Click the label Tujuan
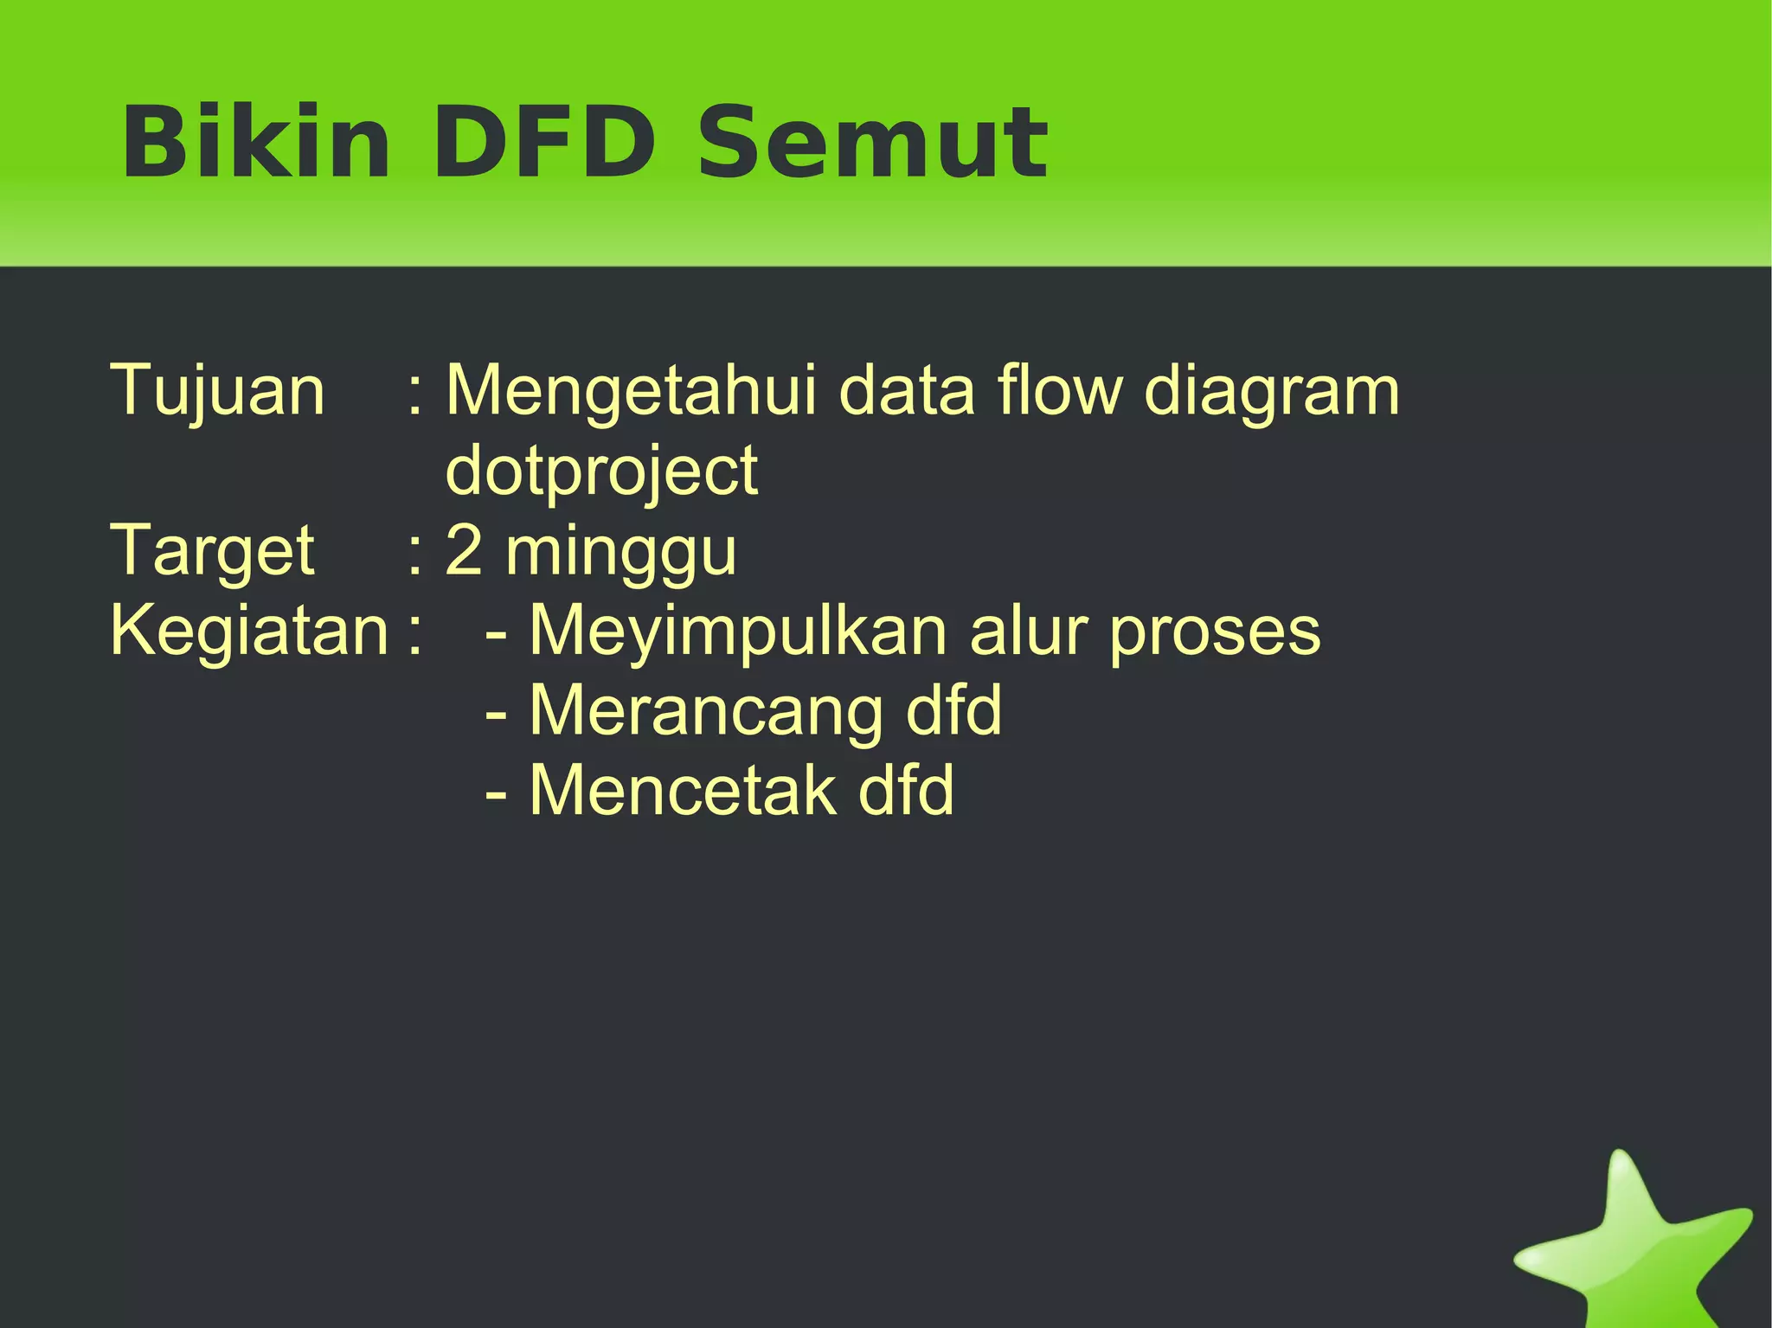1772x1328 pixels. click(217, 392)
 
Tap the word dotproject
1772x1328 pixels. click(601, 472)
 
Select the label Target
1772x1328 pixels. click(212, 552)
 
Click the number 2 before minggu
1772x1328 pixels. click(464, 551)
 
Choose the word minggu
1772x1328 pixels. click(621, 554)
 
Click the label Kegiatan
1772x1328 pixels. click(250, 632)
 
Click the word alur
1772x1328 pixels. click(1027, 632)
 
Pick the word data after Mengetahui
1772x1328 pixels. click(907, 392)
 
